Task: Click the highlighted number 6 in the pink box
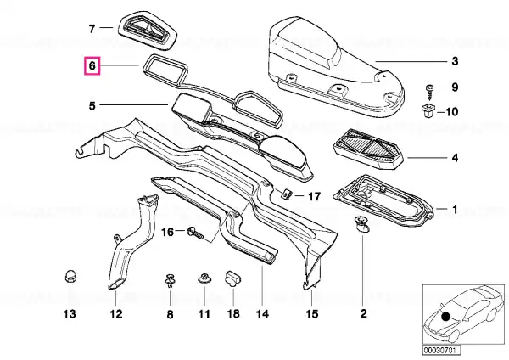click(x=92, y=66)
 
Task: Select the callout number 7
click(x=92, y=29)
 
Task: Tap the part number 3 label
click(x=455, y=61)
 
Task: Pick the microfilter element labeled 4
click(x=368, y=149)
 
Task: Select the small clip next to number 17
click(x=286, y=194)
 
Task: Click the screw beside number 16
click(x=197, y=233)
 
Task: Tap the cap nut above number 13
click(x=70, y=276)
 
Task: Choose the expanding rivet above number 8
click(x=171, y=280)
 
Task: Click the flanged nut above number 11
click(x=204, y=278)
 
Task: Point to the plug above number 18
click(x=233, y=278)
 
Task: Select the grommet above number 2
click(x=362, y=224)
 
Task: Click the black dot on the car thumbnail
click(x=445, y=316)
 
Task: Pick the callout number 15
click(x=311, y=314)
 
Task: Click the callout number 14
click(x=262, y=314)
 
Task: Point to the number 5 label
click(x=92, y=106)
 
